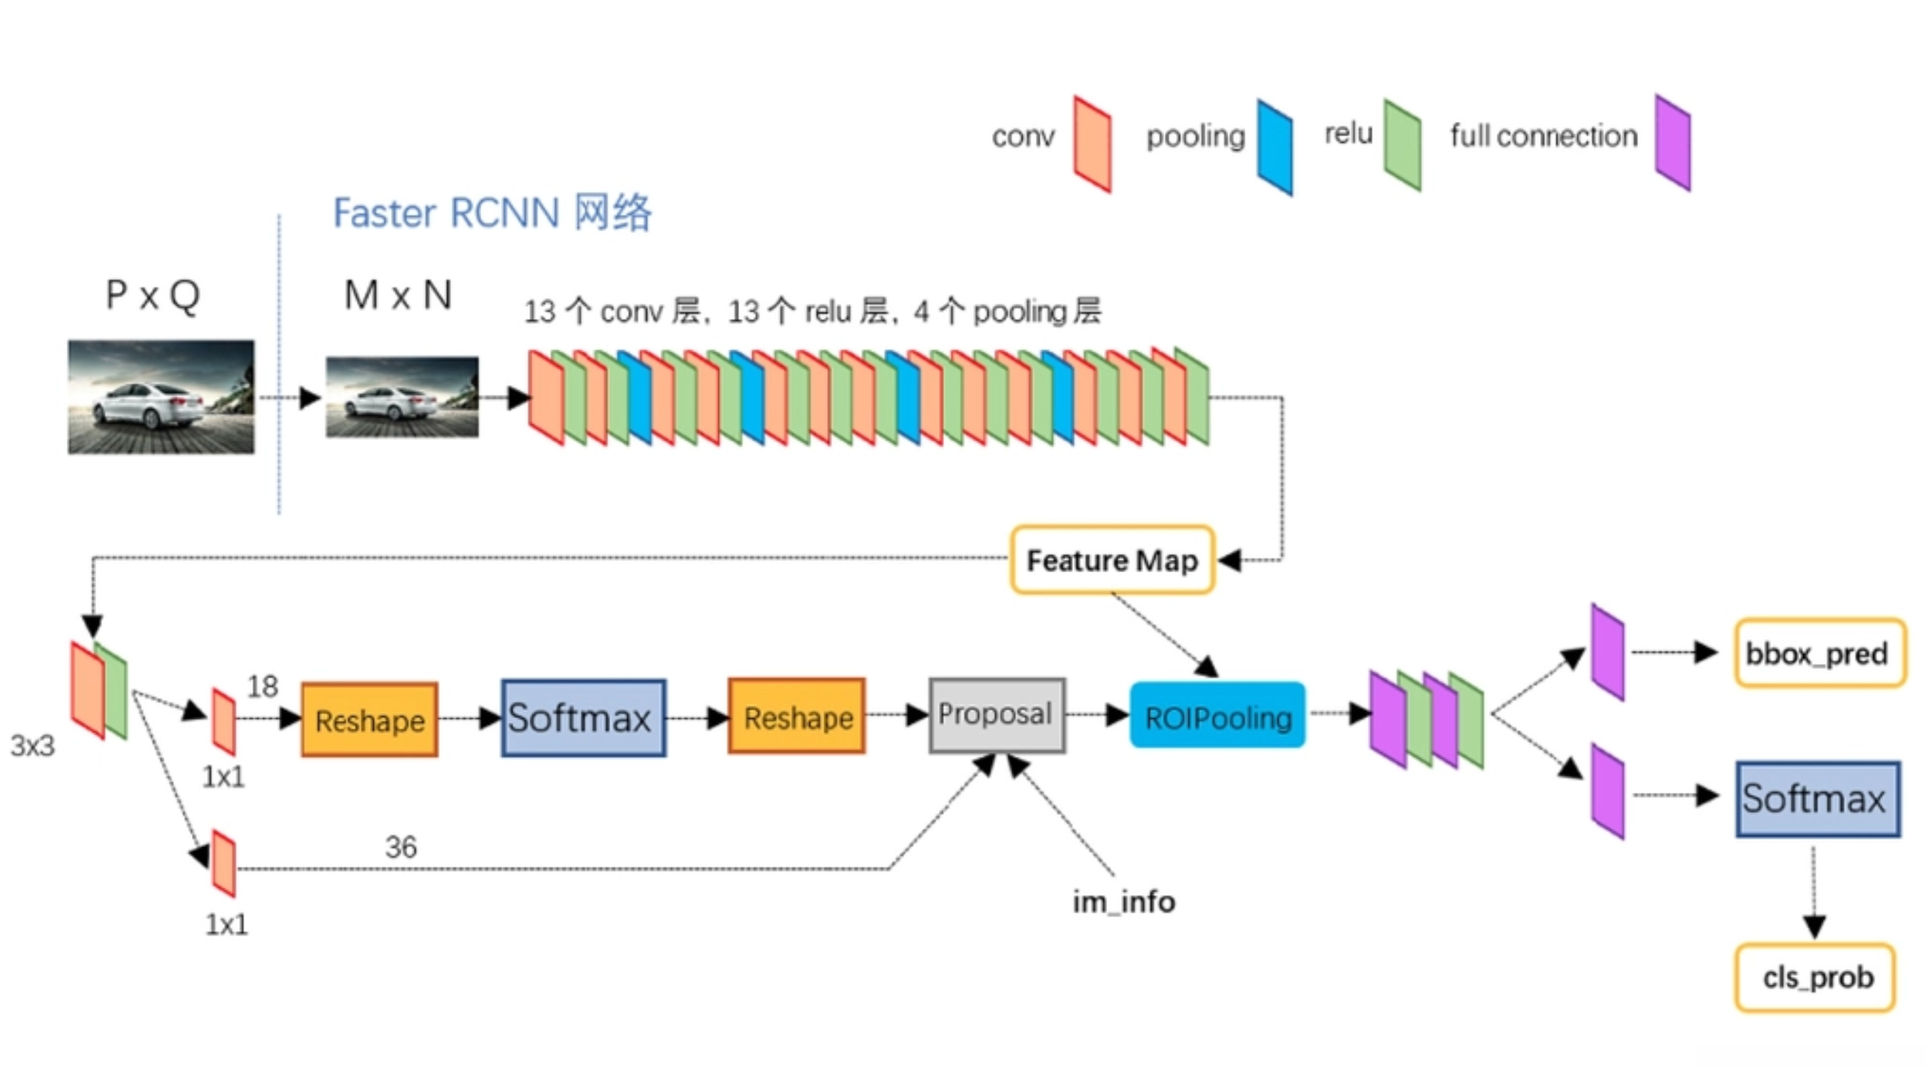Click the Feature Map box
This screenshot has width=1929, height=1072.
tap(1112, 560)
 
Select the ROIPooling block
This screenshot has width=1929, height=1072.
tap(1217, 716)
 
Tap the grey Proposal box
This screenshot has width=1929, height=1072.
tap(997, 715)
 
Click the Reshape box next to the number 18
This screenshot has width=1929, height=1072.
tap(370, 720)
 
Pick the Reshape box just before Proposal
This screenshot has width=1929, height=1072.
tap(797, 717)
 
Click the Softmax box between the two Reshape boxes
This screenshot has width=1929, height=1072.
tap(584, 718)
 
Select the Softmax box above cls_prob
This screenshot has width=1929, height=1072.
tap(1817, 798)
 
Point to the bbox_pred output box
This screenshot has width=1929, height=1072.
tap(1819, 653)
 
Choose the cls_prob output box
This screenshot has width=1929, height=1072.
tap(1816, 977)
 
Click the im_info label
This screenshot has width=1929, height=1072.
tap(1123, 901)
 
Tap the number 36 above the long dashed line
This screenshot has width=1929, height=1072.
tap(401, 847)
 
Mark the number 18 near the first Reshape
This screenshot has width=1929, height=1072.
tap(262, 686)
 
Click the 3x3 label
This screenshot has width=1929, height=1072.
tap(32, 745)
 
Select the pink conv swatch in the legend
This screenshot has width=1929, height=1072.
tap(1091, 144)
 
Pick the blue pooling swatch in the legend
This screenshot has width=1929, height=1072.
tap(1274, 147)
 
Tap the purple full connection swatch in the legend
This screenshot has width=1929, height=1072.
tap(1673, 142)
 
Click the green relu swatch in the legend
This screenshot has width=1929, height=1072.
tap(1403, 144)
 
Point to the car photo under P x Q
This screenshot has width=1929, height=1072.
tap(161, 396)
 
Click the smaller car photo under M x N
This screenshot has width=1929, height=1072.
tap(402, 396)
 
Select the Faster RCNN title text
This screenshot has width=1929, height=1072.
tap(492, 212)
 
